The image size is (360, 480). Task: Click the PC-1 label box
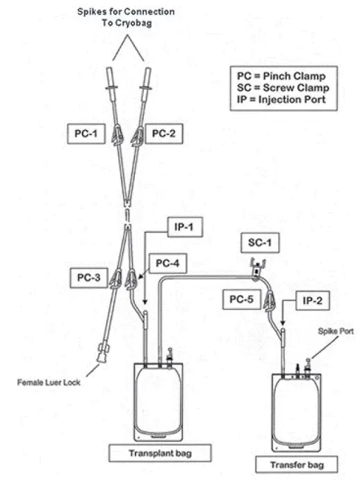pyautogui.click(x=87, y=132)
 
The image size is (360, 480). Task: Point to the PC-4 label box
pyautogui.click(x=163, y=263)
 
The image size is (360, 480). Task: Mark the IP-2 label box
pyautogui.click(x=312, y=301)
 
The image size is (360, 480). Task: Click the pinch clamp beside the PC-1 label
pyautogui.click(x=116, y=131)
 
